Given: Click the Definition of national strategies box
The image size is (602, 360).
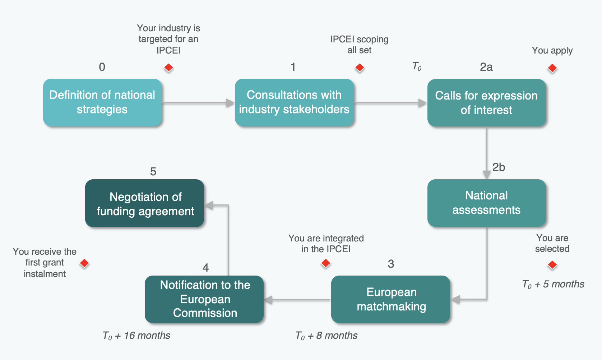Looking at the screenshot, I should pyautogui.click(x=102, y=102).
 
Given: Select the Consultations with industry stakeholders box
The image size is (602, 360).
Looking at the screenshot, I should pyautogui.click(x=294, y=102).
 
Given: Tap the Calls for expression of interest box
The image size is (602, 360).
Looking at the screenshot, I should pyautogui.click(x=486, y=103).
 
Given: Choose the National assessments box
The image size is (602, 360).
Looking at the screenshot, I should pyautogui.click(x=486, y=203).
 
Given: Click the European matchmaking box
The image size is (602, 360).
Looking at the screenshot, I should pyautogui.click(x=391, y=299).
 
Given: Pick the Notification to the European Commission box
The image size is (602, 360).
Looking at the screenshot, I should pyautogui.click(x=204, y=299).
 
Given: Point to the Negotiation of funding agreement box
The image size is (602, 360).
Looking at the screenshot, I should pyautogui.click(x=145, y=203).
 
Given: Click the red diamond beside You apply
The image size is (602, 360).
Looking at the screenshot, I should pyautogui.click(x=552, y=68).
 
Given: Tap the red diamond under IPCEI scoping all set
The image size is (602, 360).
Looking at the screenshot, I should pyautogui.click(x=360, y=68).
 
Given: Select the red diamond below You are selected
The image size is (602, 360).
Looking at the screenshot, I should pyautogui.click(x=552, y=265).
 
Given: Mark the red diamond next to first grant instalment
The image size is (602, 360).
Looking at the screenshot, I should pyautogui.click(x=84, y=263).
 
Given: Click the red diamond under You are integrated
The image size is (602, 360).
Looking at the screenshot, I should pyautogui.click(x=326, y=263).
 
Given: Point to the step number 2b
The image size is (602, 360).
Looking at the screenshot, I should pyautogui.click(x=499, y=167).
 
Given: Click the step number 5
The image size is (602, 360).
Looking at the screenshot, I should pyautogui.click(x=153, y=172).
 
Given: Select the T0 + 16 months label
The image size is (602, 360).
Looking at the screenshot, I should pyautogui.click(x=136, y=336).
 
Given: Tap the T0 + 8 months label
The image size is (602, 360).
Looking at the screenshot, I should pyautogui.click(x=326, y=336).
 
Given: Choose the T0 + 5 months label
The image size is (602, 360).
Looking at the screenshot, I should pyautogui.click(x=553, y=284).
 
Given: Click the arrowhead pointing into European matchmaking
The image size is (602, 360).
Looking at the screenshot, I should pyautogui.click(x=456, y=299).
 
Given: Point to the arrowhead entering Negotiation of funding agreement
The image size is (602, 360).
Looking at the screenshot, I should pyautogui.click(x=209, y=205).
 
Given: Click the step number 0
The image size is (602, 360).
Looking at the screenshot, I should pyautogui.click(x=102, y=67).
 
